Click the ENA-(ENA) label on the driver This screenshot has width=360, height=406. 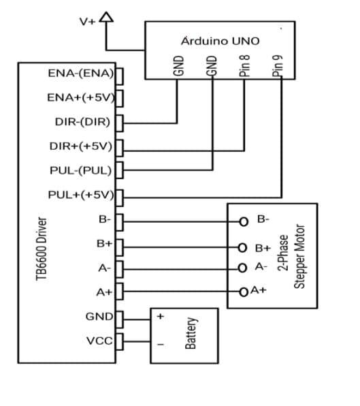click(x=80, y=74)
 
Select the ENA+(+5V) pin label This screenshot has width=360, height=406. click(x=80, y=97)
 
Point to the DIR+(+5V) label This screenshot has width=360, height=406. click(x=80, y=146)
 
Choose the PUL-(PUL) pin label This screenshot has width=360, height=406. click(x=82, y=170)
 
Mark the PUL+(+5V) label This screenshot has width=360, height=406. click(x=80, y=194)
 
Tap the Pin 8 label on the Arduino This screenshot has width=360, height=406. click(x=246, y=65)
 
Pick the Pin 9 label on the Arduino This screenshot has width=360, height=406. click(x=277, y=65)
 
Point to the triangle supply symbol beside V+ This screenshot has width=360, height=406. click(x=105, y=17)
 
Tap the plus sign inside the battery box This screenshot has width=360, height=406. click(x=161, y=317)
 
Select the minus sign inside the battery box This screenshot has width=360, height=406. click(x=161, y=345)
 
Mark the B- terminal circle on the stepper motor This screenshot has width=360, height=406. click(x=243, y=221)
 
